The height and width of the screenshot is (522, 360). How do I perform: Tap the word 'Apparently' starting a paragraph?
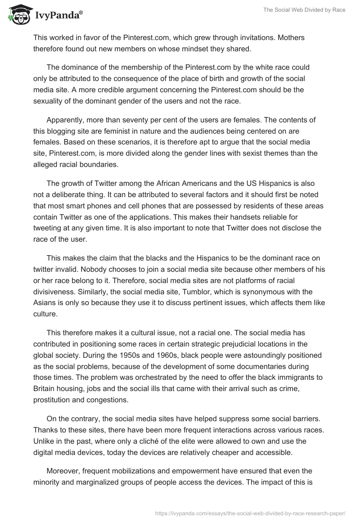pos(68,121)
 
